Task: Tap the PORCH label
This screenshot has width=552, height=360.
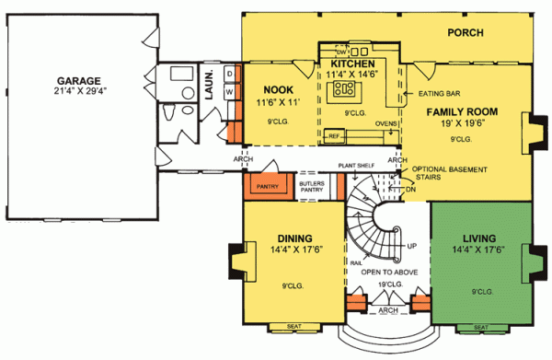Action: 466,32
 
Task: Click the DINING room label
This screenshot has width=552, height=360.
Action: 288,236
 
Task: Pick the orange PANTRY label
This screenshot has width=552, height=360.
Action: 267,186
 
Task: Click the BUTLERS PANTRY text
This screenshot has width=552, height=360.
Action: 312,188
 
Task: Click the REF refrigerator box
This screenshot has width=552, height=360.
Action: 334,136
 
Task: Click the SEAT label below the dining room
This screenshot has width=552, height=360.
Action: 294,326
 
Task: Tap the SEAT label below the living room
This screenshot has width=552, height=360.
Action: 479,326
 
